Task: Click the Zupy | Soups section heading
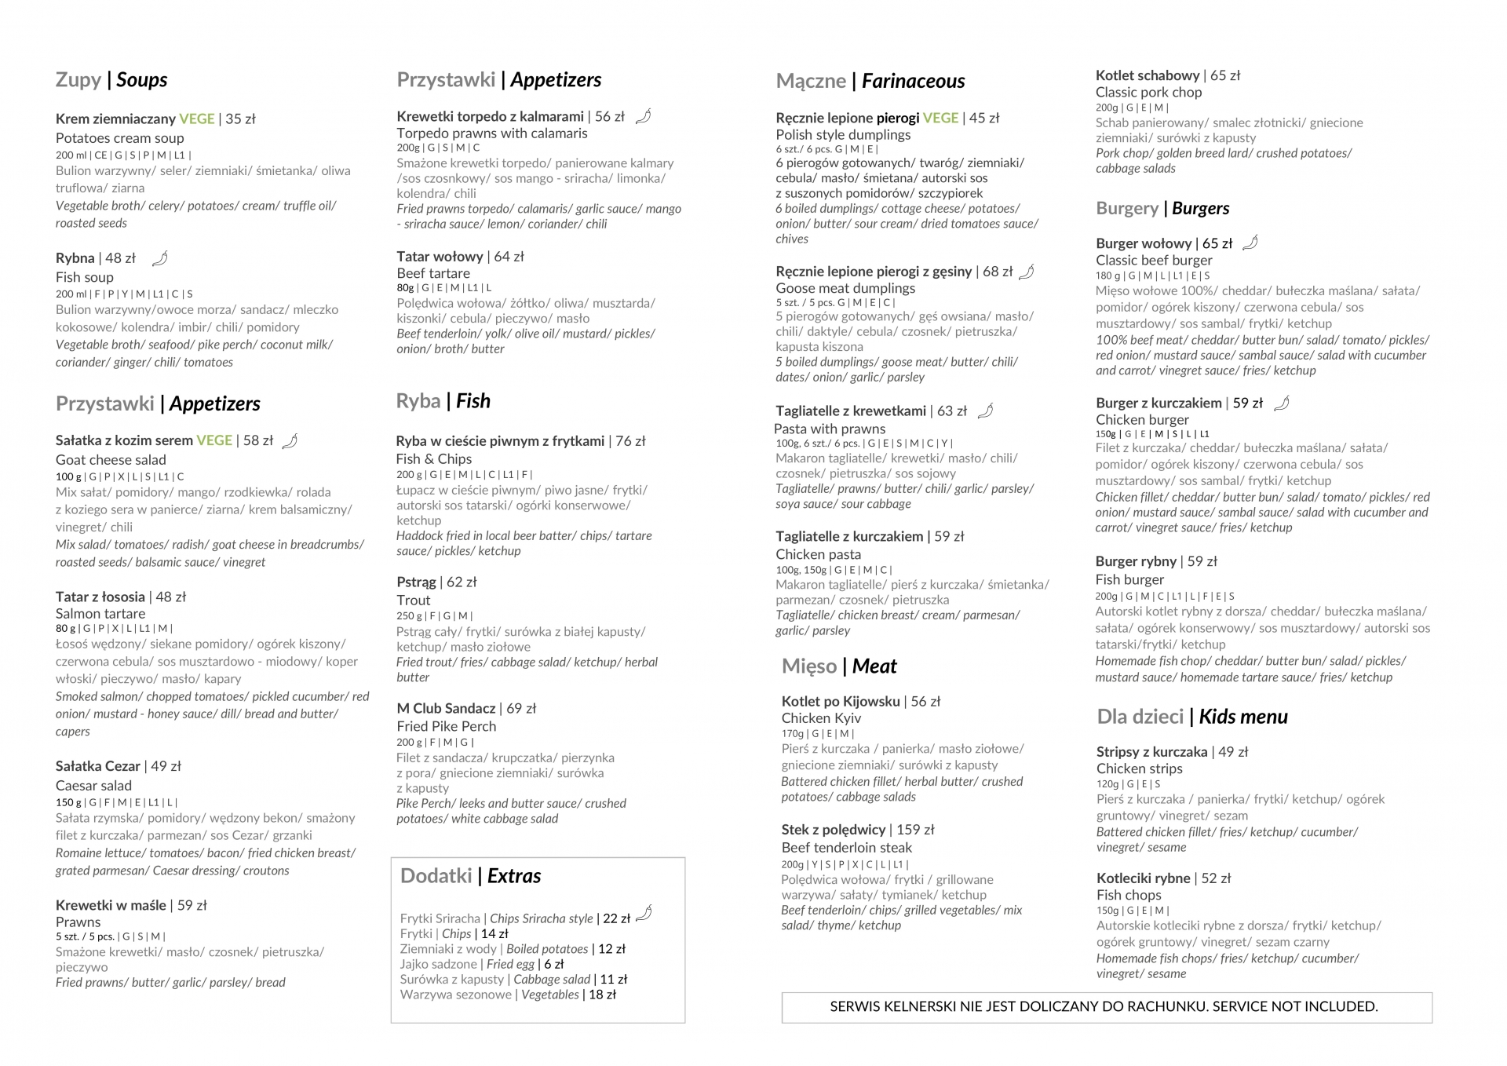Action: pos(111,80)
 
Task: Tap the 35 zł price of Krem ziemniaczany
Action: pos(241,119)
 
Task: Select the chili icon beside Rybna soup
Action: pos(159,258)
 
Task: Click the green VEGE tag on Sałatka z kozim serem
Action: pos(214,440)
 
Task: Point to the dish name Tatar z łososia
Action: pos(100,597)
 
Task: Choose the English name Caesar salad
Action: pos(93,785)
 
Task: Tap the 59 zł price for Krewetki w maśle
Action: pos(192,905)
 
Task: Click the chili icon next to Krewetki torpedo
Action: pos(643,117)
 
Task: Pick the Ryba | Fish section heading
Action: pos(443,401)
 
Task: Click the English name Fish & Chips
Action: pos(434,458)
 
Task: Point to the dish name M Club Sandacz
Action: pos(446,708)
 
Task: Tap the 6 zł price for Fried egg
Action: pos(554,964)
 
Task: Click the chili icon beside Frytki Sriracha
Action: pos(644,913)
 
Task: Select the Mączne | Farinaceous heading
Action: pos(870,81)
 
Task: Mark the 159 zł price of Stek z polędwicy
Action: pos(915,830)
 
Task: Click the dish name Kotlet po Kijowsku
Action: pos(840,701)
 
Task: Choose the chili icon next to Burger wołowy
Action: pos(1250,243)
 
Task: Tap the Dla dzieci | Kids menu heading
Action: pos(1191,717)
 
